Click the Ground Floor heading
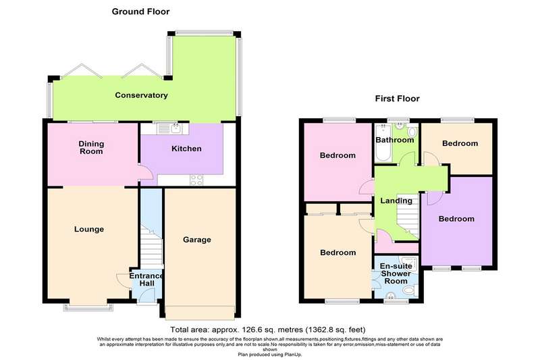(x=140, y=11)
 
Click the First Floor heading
(x=397, y=99)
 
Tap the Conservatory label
(x=141, y=95)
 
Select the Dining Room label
(x=91, y=147)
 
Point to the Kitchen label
(x=186, y=149)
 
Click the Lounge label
(x=89, y=229)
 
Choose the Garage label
(x=196, y=239)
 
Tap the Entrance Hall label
(x=146, y=280)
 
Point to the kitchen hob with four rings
(x=196, y=180)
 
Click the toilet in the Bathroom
(x=412, y=132)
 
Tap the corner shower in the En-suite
(x=408, y=263)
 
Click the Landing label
(x=396, y=201)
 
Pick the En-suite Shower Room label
(x=396, y=274)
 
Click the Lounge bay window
(x=88, y=307)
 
